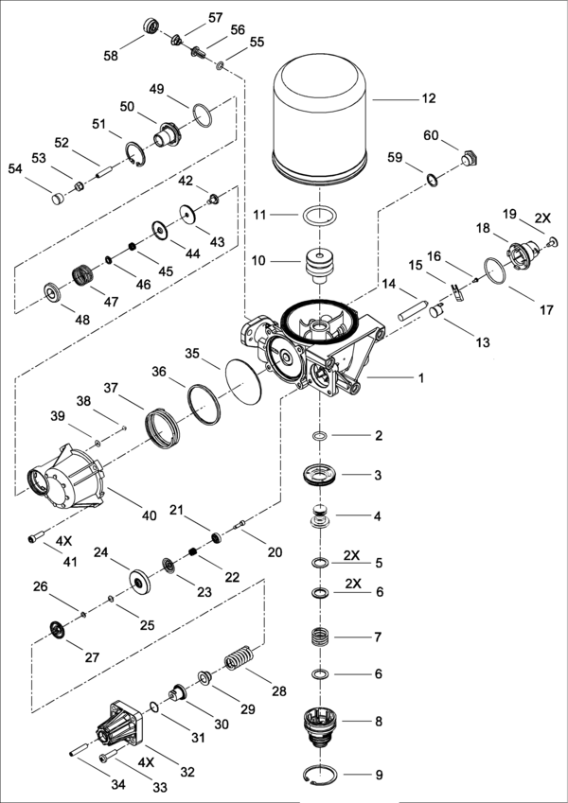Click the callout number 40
click(x=149, y=515)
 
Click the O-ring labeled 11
click(x=323, y=217)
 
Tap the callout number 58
click(x=112, y=57)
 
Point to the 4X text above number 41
click(x=63, y=541)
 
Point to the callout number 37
click(x=110, y=388)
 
